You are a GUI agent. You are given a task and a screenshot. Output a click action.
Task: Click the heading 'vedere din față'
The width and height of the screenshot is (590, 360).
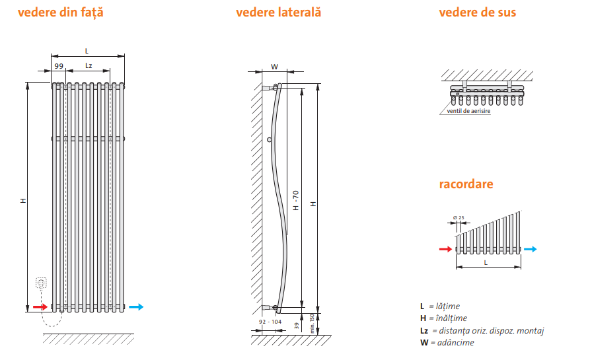61,13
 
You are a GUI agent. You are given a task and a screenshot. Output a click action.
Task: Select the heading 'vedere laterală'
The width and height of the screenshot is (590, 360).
278,13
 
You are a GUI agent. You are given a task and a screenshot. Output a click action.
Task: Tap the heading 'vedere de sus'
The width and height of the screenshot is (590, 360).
478,13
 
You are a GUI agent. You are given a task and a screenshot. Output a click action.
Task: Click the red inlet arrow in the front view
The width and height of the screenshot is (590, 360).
40,306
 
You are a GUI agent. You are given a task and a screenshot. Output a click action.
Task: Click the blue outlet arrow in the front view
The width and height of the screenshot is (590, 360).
136,306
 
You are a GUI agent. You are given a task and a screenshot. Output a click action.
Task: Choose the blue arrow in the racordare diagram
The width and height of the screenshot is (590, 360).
531,249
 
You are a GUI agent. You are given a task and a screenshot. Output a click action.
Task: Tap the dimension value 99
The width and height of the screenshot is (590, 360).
59,66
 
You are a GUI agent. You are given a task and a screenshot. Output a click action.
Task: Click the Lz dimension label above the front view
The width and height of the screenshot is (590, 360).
89,66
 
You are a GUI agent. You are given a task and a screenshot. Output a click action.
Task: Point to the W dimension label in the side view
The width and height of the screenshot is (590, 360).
275,66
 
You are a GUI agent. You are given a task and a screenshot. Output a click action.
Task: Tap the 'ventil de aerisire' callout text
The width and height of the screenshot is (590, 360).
468,111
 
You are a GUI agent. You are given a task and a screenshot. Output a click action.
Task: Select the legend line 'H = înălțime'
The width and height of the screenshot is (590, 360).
443,318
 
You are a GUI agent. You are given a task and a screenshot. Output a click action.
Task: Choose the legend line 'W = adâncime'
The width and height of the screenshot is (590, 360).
447,342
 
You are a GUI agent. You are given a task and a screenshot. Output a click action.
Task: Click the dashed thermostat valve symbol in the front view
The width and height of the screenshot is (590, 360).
42,284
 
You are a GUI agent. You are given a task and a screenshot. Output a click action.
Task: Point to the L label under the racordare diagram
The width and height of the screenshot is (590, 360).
486,263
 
